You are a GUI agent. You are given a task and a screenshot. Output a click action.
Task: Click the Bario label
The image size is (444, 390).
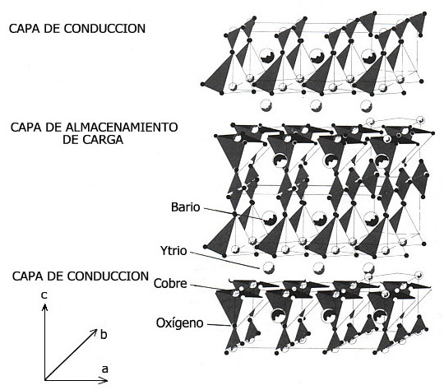(186, 207)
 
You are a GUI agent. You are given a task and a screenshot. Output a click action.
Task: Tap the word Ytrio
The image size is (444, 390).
(173, 251)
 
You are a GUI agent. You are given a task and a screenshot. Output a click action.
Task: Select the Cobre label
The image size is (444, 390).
(170, 283)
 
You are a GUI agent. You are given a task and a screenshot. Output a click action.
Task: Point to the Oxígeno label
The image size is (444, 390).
(180, 323)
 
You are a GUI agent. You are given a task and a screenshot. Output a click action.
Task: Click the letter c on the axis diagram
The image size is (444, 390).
(44, 295)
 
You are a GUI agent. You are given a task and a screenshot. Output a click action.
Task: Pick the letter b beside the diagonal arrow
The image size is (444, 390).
(104, 335)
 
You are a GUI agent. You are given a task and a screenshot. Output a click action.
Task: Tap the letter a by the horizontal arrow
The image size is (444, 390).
(104, 369)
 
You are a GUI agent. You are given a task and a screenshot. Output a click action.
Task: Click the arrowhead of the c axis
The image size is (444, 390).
(44, 306)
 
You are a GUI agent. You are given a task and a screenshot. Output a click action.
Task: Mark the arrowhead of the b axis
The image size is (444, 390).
(95, 332)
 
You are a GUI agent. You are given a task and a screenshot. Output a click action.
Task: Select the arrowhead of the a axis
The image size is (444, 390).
(104, 380)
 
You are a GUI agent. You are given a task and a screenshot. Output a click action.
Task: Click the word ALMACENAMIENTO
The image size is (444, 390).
(122, 128)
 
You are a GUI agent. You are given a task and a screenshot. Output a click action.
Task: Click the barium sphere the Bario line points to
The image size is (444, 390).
(269, 218)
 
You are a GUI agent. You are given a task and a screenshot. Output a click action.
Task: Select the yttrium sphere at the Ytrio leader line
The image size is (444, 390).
(268, 267)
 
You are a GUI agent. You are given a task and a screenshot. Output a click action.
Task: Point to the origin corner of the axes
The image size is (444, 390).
(45, 380)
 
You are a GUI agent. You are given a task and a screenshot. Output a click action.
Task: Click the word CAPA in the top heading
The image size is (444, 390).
(21, 29)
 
